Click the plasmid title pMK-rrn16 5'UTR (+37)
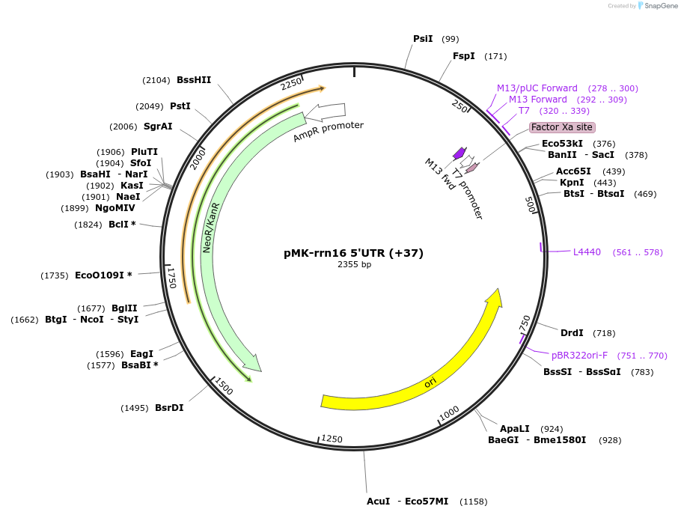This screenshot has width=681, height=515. click(x=353, y=253)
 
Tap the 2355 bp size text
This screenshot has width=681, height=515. click(x=354, y=264)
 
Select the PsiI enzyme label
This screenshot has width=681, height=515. click(x=423, y=39)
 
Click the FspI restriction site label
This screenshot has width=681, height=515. click(x=463, y=56)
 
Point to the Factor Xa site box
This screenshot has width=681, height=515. click(x=562, y=127)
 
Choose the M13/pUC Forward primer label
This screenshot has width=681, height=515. click(x=537, y=88)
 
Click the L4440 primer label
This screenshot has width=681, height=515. click(x=587, y=252)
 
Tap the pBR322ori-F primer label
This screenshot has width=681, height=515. click(x=579, y=356)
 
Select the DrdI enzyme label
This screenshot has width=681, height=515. click(x=572, y=332)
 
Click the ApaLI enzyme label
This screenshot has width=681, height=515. click(x=515, y=429)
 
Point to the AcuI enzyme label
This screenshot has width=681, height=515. click(x=378, y=501)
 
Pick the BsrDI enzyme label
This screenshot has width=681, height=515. click(x=169, y=408)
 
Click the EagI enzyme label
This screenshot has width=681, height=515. click(x=141, y=354)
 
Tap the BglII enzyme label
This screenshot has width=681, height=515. click(x=125, y=308)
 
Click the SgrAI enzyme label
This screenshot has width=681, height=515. click(x=157, y=127)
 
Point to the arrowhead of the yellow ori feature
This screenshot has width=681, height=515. click(x=494, y=296)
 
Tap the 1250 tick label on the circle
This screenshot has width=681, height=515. click(x=332, y=439)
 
